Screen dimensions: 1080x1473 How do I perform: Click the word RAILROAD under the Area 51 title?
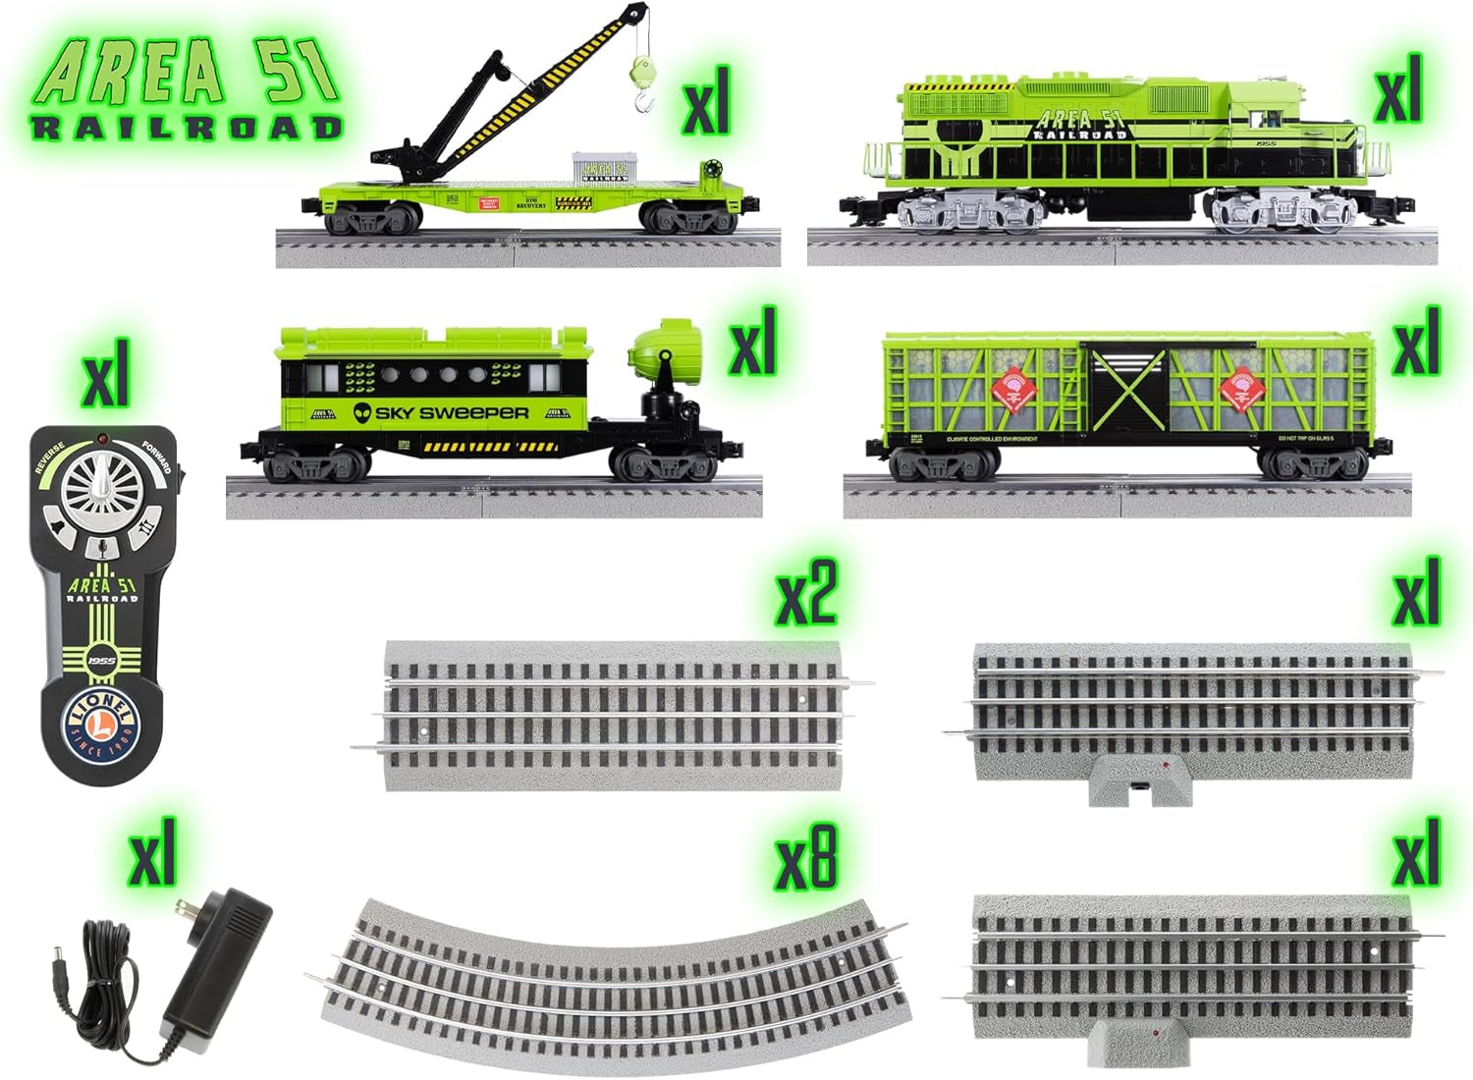(187, 128)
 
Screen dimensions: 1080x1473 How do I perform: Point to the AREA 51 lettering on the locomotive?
(1077, 122)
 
